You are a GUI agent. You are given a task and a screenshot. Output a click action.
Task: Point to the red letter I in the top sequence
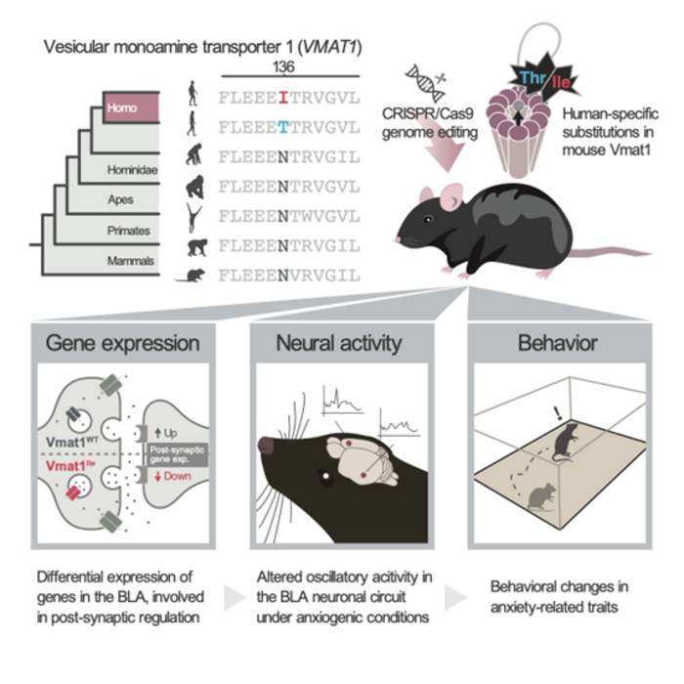(281, 98)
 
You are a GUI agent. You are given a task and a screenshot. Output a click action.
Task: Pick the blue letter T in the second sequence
(281, 126)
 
